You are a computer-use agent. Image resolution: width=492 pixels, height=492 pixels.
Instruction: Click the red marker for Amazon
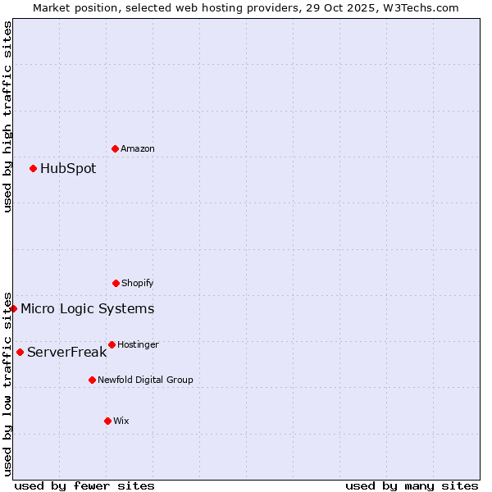coord(115,148)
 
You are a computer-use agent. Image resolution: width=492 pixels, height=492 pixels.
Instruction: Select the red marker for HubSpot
coord(33,168)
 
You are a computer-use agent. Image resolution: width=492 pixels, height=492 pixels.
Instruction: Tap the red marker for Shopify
coord(116,283)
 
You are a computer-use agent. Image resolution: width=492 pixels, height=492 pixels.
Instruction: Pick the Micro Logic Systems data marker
coord(13,308)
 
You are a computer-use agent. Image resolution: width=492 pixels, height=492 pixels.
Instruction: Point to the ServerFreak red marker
coord(20,352)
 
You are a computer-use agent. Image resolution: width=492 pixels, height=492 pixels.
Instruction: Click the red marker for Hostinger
coord(112,344)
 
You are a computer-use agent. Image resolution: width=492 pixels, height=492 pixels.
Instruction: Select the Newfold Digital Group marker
coord(92,380)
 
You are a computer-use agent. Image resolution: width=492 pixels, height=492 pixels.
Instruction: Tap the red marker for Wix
coord(107,421)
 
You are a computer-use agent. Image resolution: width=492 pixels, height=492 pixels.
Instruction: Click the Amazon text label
coord(138,148)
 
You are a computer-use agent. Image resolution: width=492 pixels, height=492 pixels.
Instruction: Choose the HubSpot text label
coord(68,168)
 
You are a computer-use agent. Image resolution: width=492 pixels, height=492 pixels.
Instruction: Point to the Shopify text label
coord(138,283)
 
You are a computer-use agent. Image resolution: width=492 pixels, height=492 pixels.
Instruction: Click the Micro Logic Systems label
coord(87,308)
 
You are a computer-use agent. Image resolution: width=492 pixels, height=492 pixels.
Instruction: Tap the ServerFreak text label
coord(66,352)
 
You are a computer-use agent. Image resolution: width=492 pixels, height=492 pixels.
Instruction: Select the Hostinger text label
coord(138,344)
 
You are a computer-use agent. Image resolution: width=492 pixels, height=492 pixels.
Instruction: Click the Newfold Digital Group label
coord(145,380)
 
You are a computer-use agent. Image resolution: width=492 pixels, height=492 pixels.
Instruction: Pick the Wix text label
coord(121,421)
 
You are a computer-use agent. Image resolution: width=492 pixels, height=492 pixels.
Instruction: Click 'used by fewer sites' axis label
coord(84,485)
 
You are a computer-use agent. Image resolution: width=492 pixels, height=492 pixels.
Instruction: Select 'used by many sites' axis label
coord(412,485)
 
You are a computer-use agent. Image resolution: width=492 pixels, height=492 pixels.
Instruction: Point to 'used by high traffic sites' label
coord(7,116)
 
